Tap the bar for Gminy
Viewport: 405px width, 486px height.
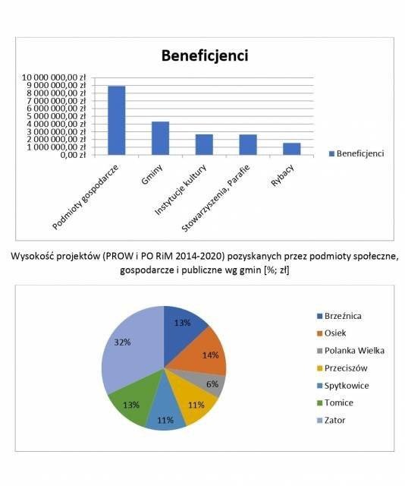(160, 137)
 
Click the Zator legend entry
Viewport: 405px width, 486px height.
(337, 420)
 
